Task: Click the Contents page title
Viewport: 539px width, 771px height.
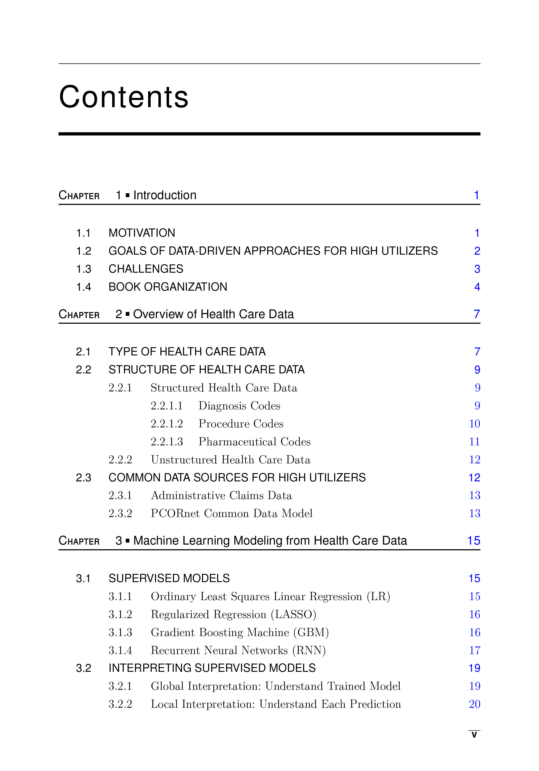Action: tap(123, 97)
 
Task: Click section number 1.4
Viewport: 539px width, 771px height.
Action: tap(83, 287)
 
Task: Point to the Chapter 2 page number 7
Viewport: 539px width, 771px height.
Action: tap(477, 314)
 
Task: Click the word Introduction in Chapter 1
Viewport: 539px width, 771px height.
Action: tap(165, 195)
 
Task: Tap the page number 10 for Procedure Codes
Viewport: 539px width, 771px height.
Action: tap(474, 424)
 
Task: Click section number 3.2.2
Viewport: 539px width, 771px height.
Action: tap(120, 704)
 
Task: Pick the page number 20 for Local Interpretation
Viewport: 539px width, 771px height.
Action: tap(474, 704)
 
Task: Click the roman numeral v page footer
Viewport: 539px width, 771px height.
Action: tap(474, 735)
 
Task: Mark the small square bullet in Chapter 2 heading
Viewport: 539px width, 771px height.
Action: tap(128, 314)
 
